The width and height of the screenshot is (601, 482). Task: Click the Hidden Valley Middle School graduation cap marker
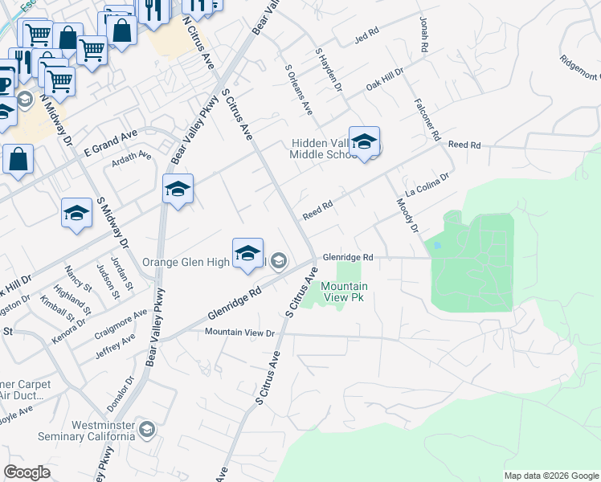pyautogui.click(x=364, y=142)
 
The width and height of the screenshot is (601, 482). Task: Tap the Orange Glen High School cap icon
pyautogui.click(x=248, y=254)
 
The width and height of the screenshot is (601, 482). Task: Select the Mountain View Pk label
pyautogui.click(x=345, y=292)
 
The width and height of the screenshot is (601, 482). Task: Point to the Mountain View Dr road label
pyautogui.click(x=239, y=332)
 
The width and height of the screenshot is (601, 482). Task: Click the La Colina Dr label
pyautogui.click(x=427, y=189)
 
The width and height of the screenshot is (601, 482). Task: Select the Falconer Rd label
pyautogui.click(x=425, y=117)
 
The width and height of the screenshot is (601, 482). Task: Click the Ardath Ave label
pyautogui.click(x=133, y=156)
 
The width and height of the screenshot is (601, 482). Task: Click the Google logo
pyautogui.click(x=27, y=472)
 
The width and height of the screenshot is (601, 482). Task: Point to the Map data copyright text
pyautogui.click(x=550, y=476)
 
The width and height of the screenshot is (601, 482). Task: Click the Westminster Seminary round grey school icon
pyautogui.click(x=146, y=430)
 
